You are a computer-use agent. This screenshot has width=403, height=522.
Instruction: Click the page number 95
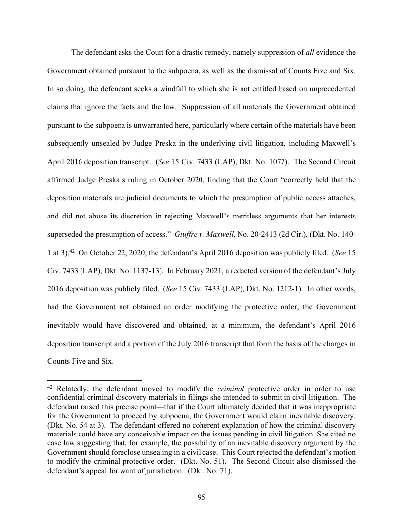tap(201, 497)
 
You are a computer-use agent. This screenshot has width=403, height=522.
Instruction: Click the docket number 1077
tap(265, 161)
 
